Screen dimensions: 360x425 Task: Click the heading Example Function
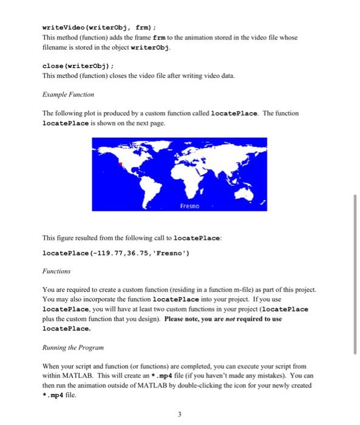click(x=68, y=95)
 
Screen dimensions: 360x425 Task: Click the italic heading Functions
click(x=56, y=271)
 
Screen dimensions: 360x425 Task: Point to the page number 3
click(x=180, y=415)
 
